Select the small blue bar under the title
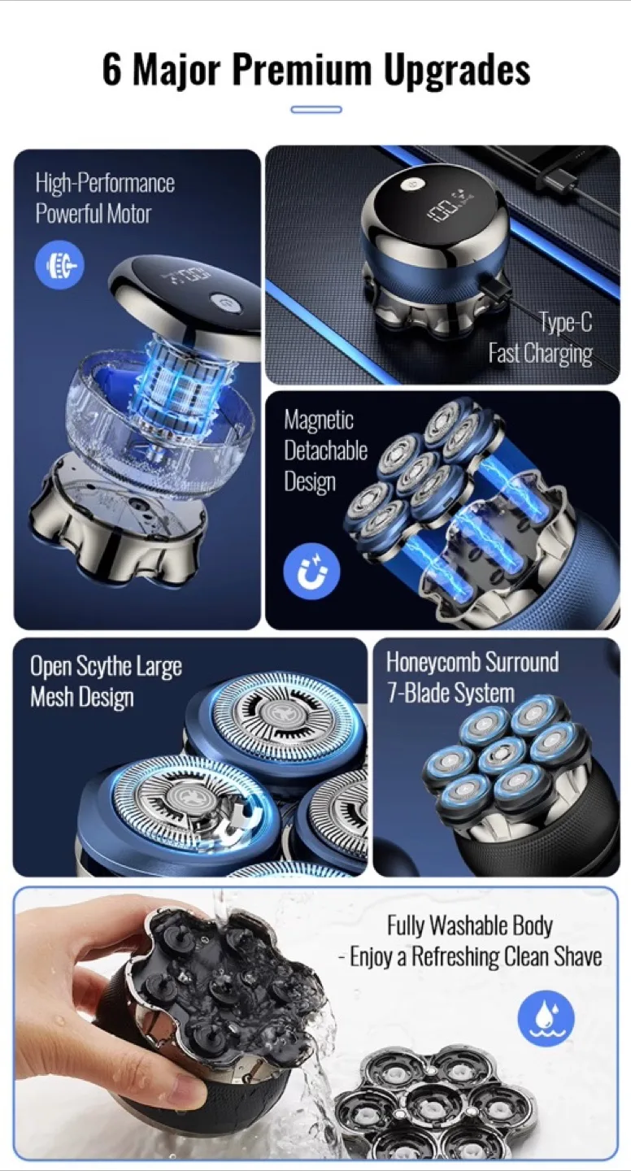point(316,110)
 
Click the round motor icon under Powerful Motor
point(59,265)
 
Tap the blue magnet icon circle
point(311,571)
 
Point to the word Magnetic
point(319,420)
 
